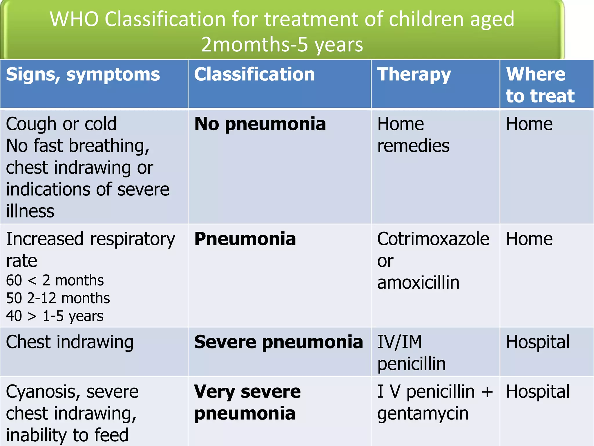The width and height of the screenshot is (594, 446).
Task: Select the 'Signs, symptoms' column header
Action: pyautogui.click(x=83, y=74)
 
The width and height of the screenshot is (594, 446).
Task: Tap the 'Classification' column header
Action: pyautogui.click(x=254, y=74)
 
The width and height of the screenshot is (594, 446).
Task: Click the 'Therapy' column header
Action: pyautogui.click(x=414, y=74)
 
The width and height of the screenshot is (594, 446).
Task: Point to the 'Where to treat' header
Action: pyautogui.click(x=540, y=85)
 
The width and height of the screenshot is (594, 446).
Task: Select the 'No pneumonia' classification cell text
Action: pyautogui.click(x=260, y=124)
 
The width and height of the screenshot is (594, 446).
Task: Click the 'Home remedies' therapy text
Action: pyautogui.click(x=413, y=135)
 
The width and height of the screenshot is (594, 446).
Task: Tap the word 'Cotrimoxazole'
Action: pyautogui.click(x=433, y=239)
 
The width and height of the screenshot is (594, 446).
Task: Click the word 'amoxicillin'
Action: pyautogui.click(x=418, y=283)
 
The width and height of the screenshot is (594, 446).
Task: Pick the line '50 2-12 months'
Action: pyautogui.click(x=58, y=298)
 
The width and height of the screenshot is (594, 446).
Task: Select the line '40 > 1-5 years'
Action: pyautogui.click(x=55, y=316)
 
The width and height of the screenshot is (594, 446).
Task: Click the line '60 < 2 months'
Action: pyautogui.click(x=55, y=280)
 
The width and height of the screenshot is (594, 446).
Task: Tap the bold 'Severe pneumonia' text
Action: pyautogui.click(x=278, y=342)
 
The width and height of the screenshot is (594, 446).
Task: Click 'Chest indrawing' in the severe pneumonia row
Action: pyautogui.click(x=70, y=342)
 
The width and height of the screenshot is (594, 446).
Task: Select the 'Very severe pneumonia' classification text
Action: pyautogui.click(x=247, y=402)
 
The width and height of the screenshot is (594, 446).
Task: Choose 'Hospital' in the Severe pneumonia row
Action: pyautogui.click(x=538, y=342)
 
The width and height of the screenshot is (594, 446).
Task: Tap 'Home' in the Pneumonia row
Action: pyautogui.click(x=529, y=239)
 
